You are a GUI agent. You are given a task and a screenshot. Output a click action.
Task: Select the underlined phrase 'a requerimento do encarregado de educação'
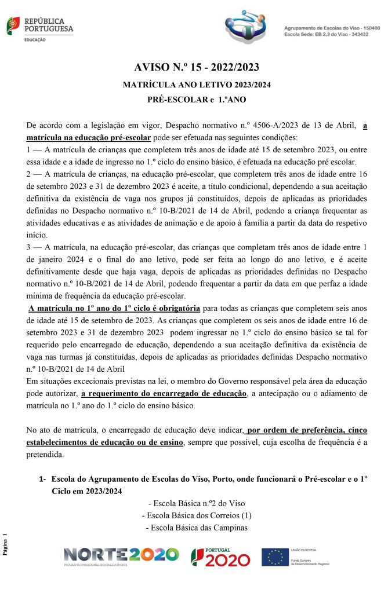(164, 394)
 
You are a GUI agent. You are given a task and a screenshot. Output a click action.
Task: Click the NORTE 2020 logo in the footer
(121, 556)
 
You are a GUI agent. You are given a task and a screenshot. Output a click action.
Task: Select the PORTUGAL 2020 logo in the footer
(221, 557)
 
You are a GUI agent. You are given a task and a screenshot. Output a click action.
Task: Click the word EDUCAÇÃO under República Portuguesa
(36, 41)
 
